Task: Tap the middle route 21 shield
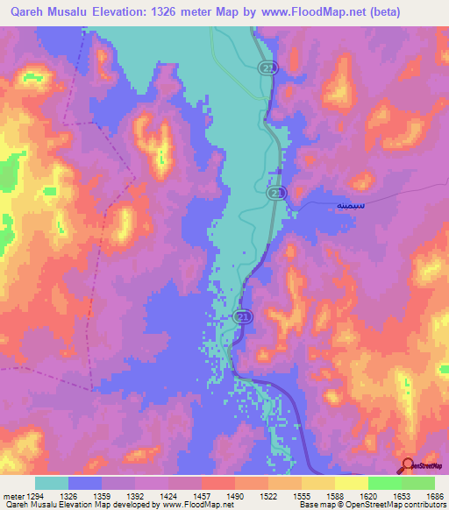coord(275,192)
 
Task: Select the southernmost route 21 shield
coord(243,316)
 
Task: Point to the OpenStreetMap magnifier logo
coord(406,466)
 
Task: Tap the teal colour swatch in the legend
coord(52,483)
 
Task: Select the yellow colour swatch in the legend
coord(351,483)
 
